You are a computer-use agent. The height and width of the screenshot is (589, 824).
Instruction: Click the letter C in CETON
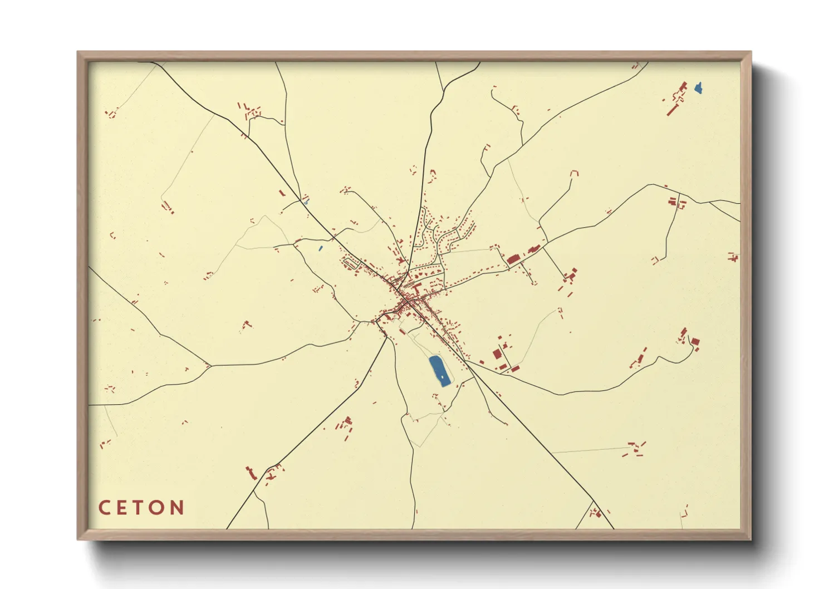(104, 508)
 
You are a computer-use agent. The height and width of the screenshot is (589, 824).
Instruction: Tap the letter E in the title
(122, 508)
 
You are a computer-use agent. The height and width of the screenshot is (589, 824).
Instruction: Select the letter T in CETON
(139, 508)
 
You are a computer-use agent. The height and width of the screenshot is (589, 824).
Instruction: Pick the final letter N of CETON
(177, 508)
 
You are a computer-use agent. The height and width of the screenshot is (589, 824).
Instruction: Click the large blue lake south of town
(439, 371)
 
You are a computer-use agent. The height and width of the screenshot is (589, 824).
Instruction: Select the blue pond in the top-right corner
(698, 88)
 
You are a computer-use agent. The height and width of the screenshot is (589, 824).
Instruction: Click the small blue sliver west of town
(320, 248)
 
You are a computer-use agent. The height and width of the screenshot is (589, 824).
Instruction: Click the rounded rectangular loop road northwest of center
(350, 262)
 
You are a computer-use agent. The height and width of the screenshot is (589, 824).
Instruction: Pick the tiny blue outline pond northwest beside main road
(306, 202)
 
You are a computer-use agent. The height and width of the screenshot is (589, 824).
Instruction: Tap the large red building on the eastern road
(513, 259)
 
